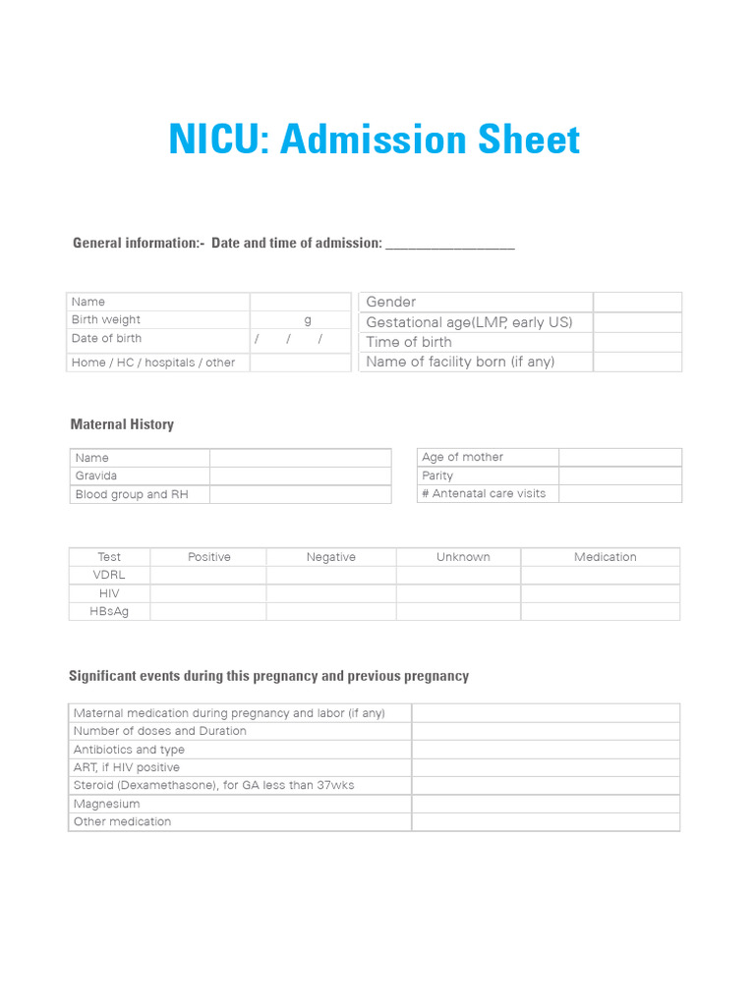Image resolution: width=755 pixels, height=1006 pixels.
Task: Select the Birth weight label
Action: point(105,319)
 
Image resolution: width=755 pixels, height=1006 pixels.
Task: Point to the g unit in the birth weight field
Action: point(307,319)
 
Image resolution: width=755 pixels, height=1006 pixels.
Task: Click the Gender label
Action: point(390,302)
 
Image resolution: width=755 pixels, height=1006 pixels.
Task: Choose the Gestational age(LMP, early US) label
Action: point(468,322)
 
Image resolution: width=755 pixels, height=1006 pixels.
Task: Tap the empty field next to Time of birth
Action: point(637,342)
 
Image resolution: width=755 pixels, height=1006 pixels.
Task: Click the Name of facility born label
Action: point(459,362)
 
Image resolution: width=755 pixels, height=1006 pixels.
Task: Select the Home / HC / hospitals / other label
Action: point(152,363)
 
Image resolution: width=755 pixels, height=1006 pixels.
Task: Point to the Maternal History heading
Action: point(122,424)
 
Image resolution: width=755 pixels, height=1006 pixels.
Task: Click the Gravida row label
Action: point(95,475)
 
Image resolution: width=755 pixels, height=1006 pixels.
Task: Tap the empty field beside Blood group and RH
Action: point(300,494)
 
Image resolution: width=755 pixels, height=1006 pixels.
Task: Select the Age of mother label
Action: point(462,457)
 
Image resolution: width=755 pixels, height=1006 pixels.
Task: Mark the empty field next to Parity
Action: point(619,475)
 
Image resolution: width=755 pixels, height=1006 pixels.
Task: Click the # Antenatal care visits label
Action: point(483,493)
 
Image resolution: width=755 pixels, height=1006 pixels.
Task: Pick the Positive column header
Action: point(208,557)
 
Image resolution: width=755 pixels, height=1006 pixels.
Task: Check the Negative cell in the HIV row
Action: point(330,593)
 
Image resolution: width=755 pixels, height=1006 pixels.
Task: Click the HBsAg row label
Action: point(109,611)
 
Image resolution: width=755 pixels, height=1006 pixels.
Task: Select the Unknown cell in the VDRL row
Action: point(458,576)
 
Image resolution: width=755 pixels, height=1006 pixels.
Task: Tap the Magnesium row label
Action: point(106,804)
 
